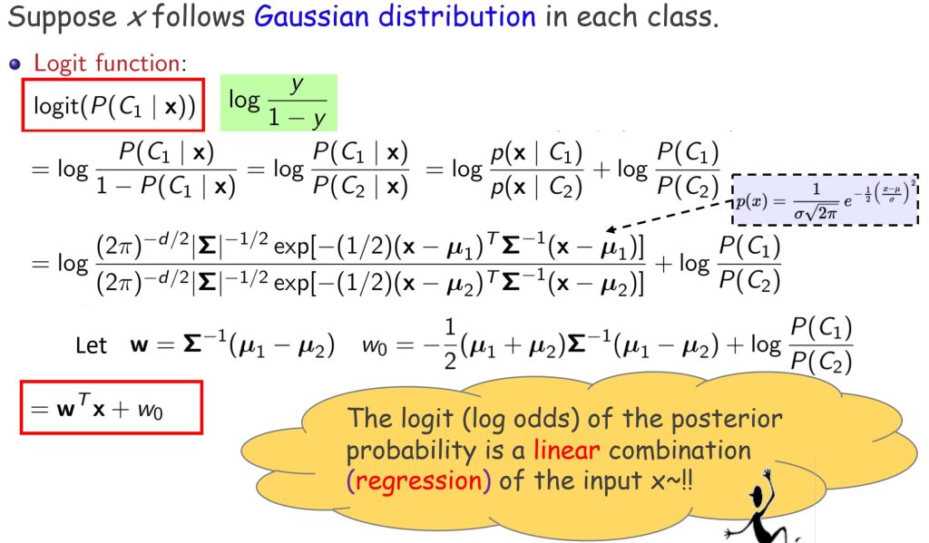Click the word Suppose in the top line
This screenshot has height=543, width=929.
coord(63,17)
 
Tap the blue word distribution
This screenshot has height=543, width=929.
coord(457,15)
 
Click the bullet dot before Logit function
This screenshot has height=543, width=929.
coord(15,64)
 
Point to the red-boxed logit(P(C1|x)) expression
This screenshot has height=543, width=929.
coord(113,105)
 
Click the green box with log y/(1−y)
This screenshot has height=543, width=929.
coord(279,102)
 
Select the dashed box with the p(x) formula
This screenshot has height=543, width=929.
coord(826,200)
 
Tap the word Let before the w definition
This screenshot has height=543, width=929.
coord(91,345)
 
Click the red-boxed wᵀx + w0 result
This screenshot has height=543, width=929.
coord(112,407)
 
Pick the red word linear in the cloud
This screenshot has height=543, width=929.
coord(566,450)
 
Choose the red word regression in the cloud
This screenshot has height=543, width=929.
coord(419,480)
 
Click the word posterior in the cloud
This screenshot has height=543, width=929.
coord(727,419)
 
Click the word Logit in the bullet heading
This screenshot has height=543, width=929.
coord(61,63)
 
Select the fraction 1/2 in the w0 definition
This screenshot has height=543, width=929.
coord(450,344)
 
